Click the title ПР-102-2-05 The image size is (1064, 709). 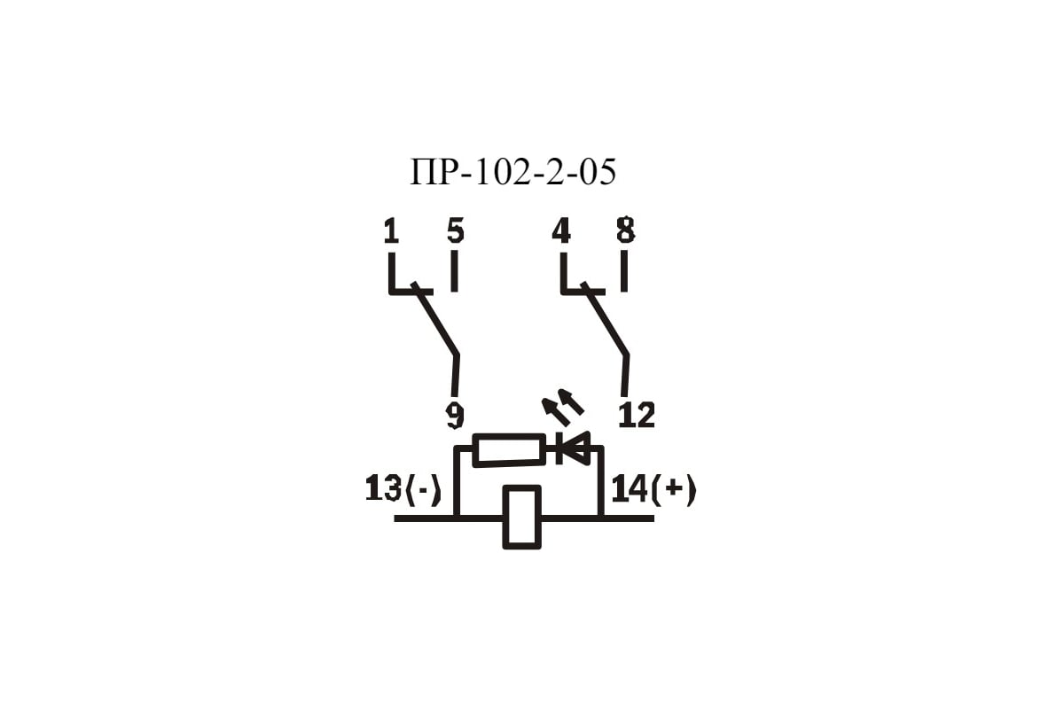tap(512, 172)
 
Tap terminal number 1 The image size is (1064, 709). tap(391, 231)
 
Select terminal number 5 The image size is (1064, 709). tap(455, 231)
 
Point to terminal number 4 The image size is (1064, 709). tap(561, 231)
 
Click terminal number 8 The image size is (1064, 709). tap(625, 231)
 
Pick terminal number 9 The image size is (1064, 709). tap(455, 417)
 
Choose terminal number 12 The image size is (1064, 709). tap(636, 415)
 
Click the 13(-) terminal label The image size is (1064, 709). tap(403, 489)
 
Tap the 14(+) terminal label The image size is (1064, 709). tap(653, 489)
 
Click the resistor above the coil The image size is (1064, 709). tap(509, 449)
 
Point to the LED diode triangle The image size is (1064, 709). tap(575, 448)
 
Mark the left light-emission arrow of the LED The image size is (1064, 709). tap(555, 412)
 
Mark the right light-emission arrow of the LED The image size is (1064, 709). tap(570, 401)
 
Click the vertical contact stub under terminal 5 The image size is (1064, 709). tap(454, 270)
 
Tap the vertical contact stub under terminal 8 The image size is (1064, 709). tap(624, 270)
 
